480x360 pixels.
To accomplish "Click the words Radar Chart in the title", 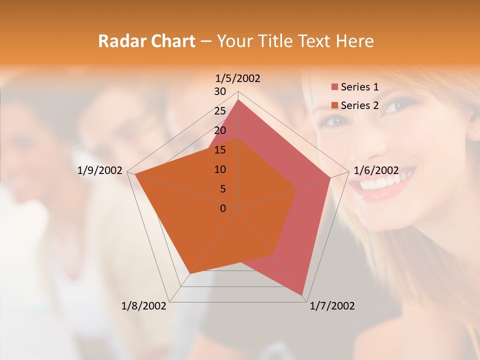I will [x=146, y=41].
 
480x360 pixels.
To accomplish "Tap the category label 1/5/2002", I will [x=237, y=78].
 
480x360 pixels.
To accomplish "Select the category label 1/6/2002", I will [x=376, y=170].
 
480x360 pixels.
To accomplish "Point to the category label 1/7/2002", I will [x=332, y=306].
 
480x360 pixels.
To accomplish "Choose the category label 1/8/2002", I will [x=144, y=306].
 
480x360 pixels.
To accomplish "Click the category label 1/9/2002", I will [x=100, y=170].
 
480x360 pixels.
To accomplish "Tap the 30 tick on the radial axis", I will [x=220, y=91].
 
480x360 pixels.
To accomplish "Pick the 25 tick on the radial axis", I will [x=220, y=111].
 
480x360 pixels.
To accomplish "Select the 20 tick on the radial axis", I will [x=220, y=130].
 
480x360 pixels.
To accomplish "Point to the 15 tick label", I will [x=220, y=150].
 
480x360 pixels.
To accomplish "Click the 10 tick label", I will [x=220, y=169].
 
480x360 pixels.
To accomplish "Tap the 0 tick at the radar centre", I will [x=223, y=208].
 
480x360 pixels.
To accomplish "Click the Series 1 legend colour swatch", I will [x=334, y=87].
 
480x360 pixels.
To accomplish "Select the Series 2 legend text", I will [x=359, y=105].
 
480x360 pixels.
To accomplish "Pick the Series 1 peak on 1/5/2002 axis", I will [x=238, y=100].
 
